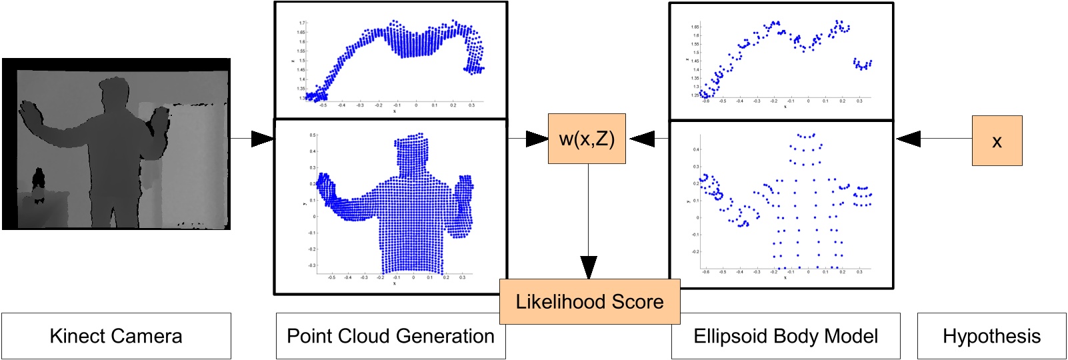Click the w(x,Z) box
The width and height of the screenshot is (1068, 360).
pyautogui.click(x=587, y=139)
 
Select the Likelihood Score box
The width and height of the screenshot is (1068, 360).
pyautogui.click(x=589, y=302)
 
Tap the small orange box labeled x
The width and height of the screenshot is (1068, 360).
pyautogui.click(x=997, y=141)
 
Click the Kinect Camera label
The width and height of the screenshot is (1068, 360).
pyautogui.click(x=116, y=336)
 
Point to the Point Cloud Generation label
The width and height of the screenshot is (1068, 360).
pyautogui.click(x=391, y=336)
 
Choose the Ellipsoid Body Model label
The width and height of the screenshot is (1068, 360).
pyautogui.click(x=785, y=336)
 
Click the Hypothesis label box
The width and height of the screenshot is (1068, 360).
pyautogui.click(x=991, y=336)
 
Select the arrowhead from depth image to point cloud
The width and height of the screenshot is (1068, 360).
pyautogui.click(x=263, y=139)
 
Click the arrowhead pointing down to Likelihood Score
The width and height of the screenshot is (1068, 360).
pyautogui.click(x=588, y=267)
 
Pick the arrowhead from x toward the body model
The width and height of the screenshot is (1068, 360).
pyautogui.click(x=908, y=139)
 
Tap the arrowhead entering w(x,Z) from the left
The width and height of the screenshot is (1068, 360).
pyautogui.click(x=537, y=139)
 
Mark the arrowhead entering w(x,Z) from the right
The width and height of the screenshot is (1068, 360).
pyautogui.click(x=641, y=139)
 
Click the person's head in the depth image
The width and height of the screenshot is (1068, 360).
pyautogui.click(x=114, y=93)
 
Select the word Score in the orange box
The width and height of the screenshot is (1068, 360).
pyautogui.click(x=637, y=302)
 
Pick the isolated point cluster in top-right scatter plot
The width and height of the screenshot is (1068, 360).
pyautogui.click(x=863, y=64)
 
